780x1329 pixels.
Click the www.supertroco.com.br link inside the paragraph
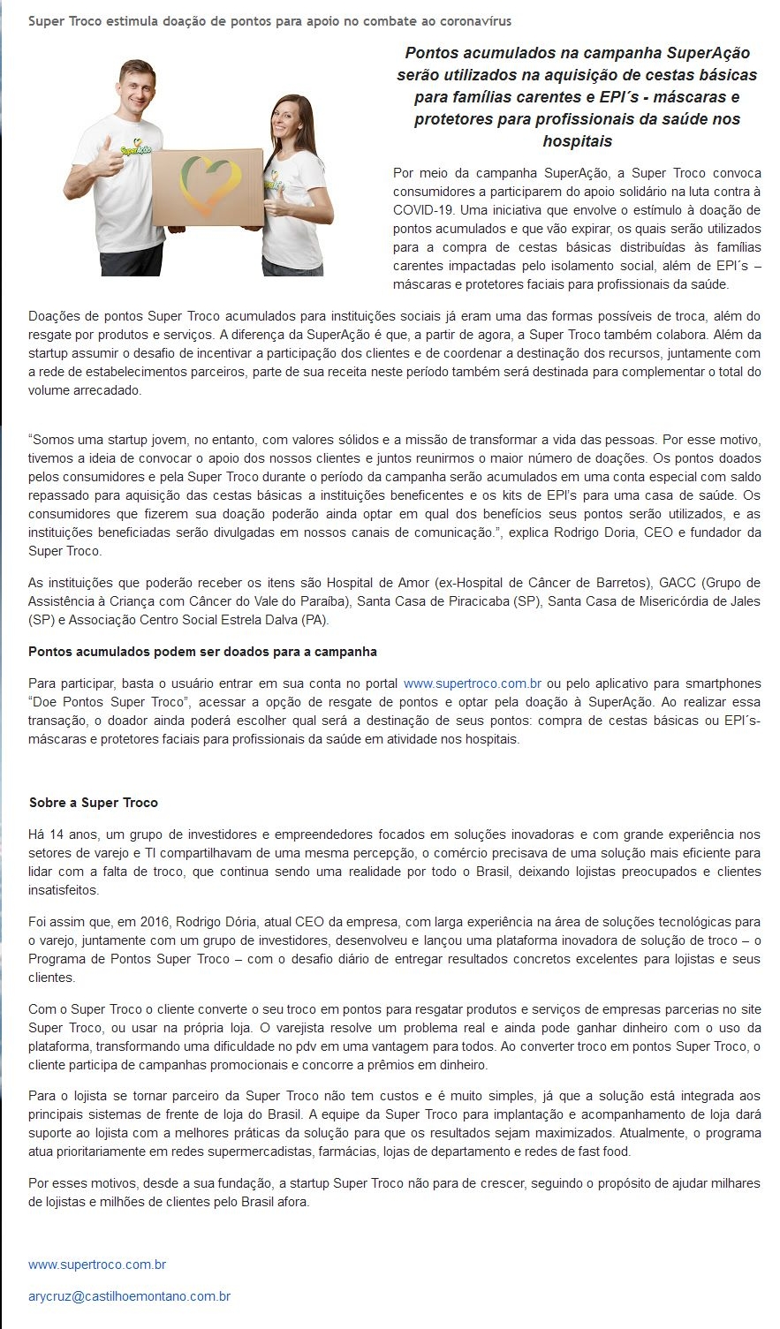472,683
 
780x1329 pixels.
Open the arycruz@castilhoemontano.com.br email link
129,1296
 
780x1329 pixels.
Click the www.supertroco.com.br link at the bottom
97,1265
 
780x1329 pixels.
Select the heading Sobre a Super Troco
94,803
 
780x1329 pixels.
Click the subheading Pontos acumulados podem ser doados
202,652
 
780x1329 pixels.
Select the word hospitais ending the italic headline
577,141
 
